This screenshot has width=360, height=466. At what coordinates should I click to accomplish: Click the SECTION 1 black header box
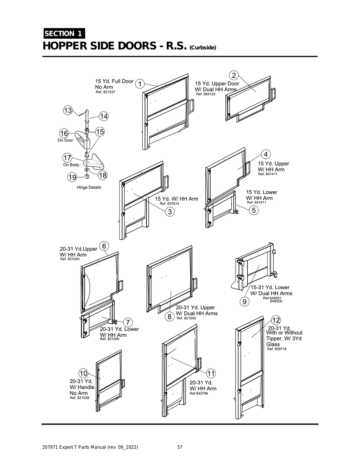pos(64,34)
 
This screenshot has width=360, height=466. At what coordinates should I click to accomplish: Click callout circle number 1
pos(140,84)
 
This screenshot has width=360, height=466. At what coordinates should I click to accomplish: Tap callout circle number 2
pos(234,75)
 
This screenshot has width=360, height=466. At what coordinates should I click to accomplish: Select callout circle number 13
pos(67,110)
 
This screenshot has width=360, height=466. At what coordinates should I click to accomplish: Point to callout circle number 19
pos(72,177)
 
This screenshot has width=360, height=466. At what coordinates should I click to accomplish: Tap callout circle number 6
pos(104,246)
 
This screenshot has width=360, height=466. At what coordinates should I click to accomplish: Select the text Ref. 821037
pos(105,92)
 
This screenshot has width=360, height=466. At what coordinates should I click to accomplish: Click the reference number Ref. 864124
pos(206,95)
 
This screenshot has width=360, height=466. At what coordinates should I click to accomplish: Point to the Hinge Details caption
pos(89,187)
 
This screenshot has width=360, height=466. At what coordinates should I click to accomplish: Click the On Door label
pos(65,140)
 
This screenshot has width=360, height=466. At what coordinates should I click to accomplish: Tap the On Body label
pos(71,165)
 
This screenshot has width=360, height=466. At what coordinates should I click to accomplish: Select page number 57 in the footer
pos(180,447)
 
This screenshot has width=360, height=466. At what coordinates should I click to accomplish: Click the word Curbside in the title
pos(202,48)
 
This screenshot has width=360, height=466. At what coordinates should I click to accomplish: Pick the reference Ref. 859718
pos(277,349)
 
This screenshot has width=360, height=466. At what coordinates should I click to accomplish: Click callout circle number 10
pos(83,373)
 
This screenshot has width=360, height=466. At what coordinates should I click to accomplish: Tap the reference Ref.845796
pos(199,394)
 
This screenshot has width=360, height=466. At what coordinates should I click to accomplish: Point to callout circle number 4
pos(266,154)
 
